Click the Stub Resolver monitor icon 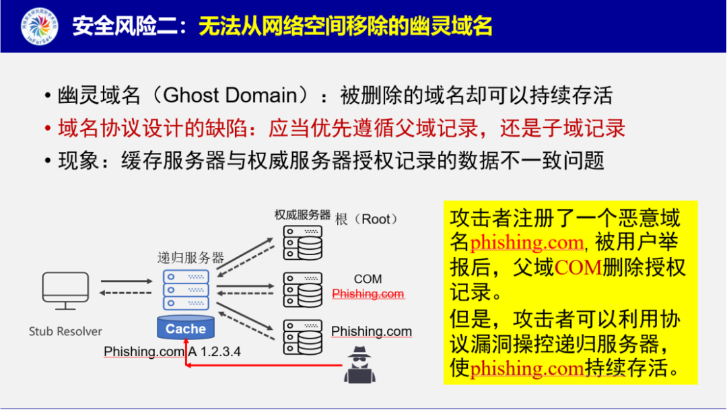(x=65, y=290)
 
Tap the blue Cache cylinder (x=186, y=329)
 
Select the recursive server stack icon (x=186, y=289)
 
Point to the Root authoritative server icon (x=302, y=243)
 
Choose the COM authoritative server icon (x=302, y=289)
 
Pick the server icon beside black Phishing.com (x=302, y=335)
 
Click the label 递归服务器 (x=191, y=258)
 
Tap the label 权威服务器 (x=302, y=215)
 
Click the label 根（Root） (x=367, y=219)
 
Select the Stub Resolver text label (x=65, y=331)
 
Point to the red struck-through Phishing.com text (x=368, y=294)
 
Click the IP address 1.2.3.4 (x=218, y=351)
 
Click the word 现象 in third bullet (x=78, y=160)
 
